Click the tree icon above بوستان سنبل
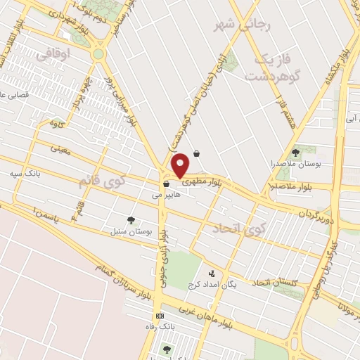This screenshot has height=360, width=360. pos(130,220)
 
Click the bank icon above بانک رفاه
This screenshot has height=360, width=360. pos(160,316)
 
